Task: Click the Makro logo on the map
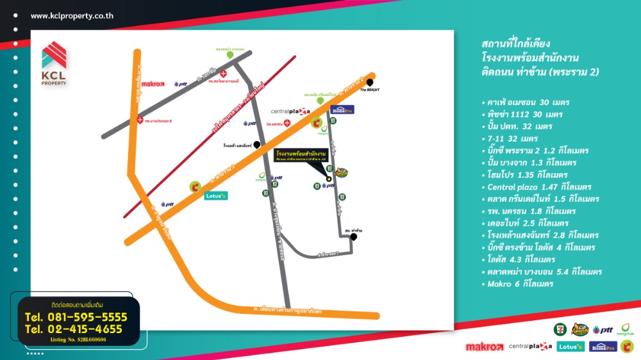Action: (x=153, y=83)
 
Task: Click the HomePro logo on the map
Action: (x=342, y=110)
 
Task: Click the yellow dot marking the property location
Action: (x=329, y=179)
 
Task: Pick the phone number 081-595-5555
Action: (x=76, y=317)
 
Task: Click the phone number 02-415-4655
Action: (x=73, y=329)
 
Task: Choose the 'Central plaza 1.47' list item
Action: (x=535, y=187)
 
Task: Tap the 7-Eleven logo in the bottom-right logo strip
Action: (x=560, y=329)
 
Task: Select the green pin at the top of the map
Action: (x=229, y=55)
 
